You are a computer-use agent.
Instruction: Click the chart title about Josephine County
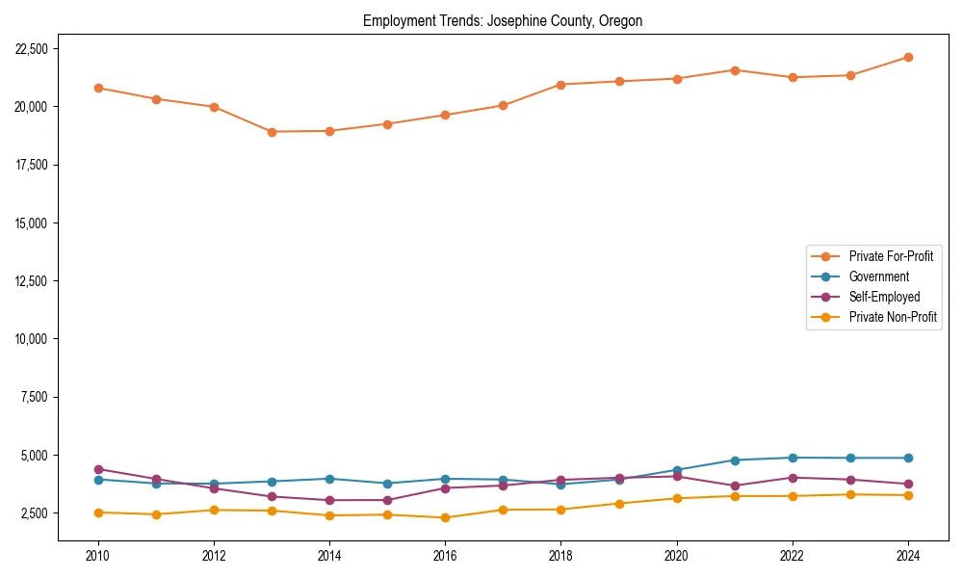[x=502, y=20]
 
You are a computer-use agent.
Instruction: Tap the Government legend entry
[x=878, y=276]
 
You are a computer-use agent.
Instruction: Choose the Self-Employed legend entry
[x=884, y=297]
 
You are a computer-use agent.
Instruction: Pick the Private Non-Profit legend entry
[x=893, y=317]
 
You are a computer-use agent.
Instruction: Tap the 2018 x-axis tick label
[x=561, y=555]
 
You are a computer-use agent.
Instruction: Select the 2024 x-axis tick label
[x=908, y=555]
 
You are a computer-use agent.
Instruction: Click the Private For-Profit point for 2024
[x=908, y=58]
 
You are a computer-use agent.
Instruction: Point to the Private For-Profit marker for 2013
[x=272, y=132]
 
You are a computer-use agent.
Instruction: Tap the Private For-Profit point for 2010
[x=98, y=88]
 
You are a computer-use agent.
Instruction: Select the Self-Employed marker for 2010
[x=98, y=469]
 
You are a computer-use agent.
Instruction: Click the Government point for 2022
[x=793, y=458]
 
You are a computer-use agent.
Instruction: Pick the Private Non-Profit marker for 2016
[x=445, y=517]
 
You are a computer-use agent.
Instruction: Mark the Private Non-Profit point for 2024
[x=908, y=495]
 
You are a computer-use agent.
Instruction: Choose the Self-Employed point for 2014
[x=329, y=500]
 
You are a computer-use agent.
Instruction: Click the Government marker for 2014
[x=329, y=479]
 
